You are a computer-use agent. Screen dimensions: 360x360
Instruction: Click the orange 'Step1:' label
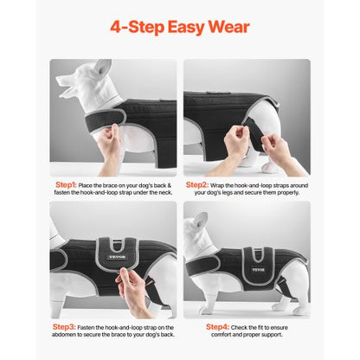pyautogui.click(x=67, y=185)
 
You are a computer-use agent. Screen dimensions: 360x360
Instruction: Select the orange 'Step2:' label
pyautogui.click(x=198, y=185)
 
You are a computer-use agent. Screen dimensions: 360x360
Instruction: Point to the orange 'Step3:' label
pyautogui.click(x=67, y=327)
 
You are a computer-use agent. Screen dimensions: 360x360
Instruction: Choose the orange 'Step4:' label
pyautogui.click(x=218, y=327)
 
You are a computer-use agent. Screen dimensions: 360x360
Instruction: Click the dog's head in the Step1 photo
pyautogui.click(x=81, y=83)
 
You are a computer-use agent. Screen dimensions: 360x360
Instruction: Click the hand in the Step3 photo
pyautogui.click(x=132, y=290)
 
